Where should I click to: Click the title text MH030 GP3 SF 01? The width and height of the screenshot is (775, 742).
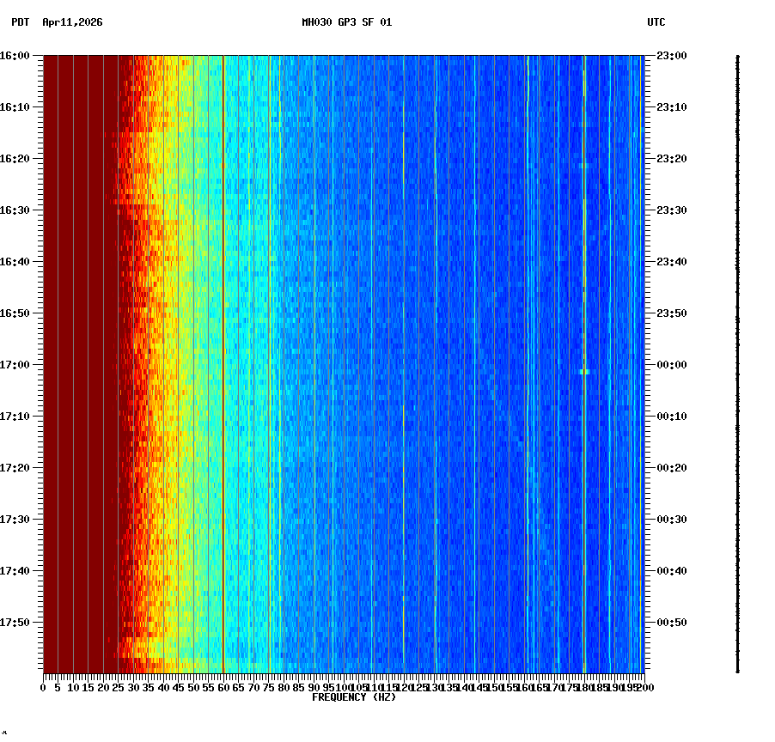point(346,22)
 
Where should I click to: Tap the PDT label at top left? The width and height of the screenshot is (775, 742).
point(20,22)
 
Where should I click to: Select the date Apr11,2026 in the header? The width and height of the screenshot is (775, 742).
point(72,22)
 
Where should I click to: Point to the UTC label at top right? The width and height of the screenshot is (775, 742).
point(656,22)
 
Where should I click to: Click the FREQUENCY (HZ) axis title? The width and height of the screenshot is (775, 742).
point(353,697)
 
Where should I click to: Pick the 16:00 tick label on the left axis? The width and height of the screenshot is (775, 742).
point(15,56)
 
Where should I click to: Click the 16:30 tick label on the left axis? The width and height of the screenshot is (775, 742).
point(15,210)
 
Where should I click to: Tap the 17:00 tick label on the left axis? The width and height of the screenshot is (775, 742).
point(15,365)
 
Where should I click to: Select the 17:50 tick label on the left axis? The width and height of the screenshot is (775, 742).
point(15,623)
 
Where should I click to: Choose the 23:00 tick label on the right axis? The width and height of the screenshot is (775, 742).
point(673,56)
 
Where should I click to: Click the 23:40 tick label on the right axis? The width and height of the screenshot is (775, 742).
point(673,262)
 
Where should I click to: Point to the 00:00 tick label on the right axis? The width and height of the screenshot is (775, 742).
point(673,365)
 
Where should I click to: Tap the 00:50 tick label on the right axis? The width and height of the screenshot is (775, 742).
point(673,623)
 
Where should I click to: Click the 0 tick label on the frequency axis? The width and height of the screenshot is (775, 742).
point(44,687)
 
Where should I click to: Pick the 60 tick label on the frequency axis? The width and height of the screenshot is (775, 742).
point(223,687)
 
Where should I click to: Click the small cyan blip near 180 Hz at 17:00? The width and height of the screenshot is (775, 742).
point(584,371)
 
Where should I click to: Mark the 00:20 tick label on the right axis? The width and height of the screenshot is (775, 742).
point(673,468)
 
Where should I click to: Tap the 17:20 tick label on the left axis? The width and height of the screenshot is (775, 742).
point(15,468)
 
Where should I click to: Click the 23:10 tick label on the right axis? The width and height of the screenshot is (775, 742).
point(673,107)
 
